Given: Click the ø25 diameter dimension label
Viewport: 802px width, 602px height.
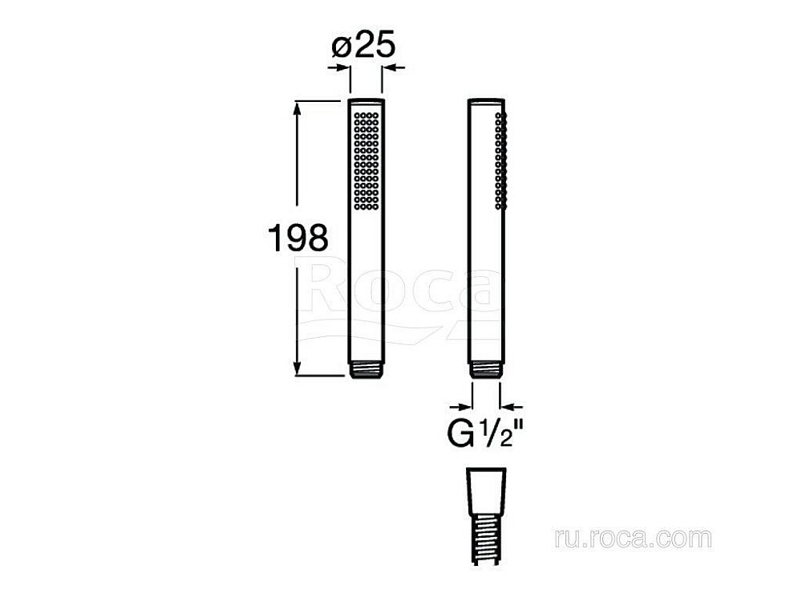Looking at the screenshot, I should click(x=364, y=47).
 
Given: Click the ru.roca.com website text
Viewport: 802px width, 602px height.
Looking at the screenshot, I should click(x=632, y=538).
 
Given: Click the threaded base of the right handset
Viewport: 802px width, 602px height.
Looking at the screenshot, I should click(x=486, y=370).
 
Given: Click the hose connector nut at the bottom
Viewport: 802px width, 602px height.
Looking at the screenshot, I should click(x=485, y=489).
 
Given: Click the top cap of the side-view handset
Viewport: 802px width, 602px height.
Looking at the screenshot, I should click(x=486, y=102).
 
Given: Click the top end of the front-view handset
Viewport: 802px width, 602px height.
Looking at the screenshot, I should click(x=366, y=103).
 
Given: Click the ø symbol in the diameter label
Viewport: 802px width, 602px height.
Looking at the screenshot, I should click(x=340, y=47).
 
